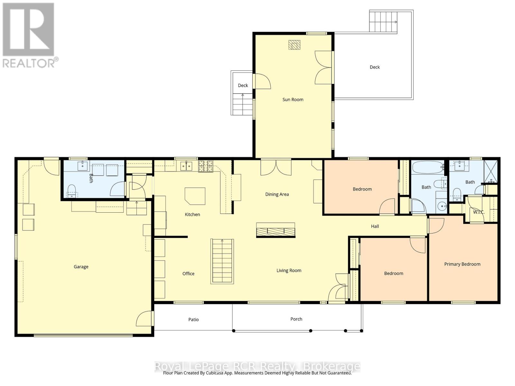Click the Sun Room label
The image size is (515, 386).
293,99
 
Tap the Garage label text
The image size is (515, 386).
81,267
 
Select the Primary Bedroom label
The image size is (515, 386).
462,264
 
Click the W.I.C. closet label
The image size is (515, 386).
478,212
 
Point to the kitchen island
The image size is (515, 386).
195,196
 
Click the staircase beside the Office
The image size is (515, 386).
222,261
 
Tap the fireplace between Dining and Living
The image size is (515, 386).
276,230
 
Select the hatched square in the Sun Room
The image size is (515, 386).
294,45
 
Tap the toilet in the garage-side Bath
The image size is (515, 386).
72,189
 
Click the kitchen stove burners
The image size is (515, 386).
205,166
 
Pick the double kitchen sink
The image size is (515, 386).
186,166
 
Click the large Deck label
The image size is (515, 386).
374,67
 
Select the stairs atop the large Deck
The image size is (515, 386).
383,22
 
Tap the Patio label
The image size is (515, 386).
193,319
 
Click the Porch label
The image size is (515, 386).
296,319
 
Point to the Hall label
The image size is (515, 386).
375,226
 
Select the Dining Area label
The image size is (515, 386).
277,194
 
